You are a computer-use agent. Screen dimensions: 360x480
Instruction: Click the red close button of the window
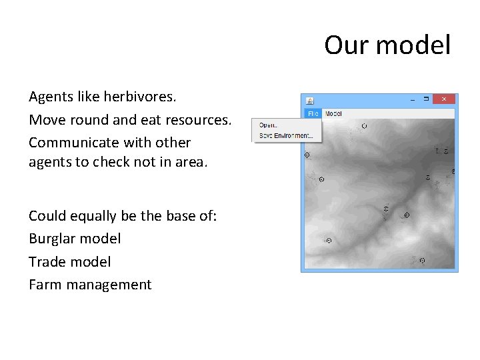point(444,99)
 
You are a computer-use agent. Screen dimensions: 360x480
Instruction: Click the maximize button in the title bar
point(426,99)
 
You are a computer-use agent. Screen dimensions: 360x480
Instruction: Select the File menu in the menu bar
point(313,113)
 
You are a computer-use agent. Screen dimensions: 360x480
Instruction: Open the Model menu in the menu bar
point(333,113)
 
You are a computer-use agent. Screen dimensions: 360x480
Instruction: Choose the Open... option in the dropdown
point(268,125)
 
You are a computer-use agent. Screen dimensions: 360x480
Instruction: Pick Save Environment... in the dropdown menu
point(285,135)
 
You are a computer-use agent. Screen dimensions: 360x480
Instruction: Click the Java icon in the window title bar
point(309,100)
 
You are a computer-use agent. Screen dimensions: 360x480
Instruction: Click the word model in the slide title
point(413,45)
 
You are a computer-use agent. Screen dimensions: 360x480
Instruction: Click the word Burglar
point(51,238)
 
